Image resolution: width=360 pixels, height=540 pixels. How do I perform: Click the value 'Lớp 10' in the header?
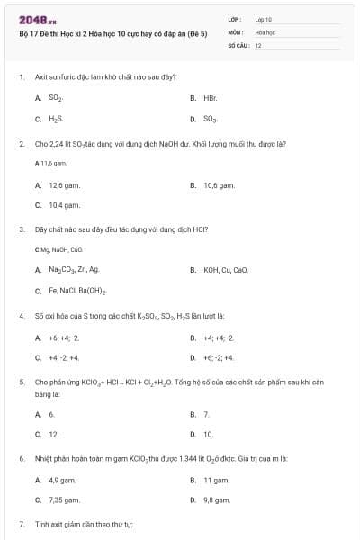(264, 19)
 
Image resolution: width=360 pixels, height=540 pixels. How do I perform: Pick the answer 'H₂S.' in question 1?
(56, 118)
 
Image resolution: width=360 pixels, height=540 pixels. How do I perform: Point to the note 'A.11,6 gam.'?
(50, 164)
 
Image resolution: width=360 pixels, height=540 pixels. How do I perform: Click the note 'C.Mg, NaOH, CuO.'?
(58, 249)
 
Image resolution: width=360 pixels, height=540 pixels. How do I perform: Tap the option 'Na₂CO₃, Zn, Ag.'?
(74, 270)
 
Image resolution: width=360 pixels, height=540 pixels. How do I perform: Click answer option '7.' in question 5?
(206, 414)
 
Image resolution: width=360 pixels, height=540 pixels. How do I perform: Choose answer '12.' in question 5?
(53, 434)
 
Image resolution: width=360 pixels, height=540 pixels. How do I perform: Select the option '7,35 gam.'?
(64, 499)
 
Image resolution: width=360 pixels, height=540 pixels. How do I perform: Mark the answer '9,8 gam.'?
(217, 499)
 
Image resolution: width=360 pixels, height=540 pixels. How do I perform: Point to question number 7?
(21, 523)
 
